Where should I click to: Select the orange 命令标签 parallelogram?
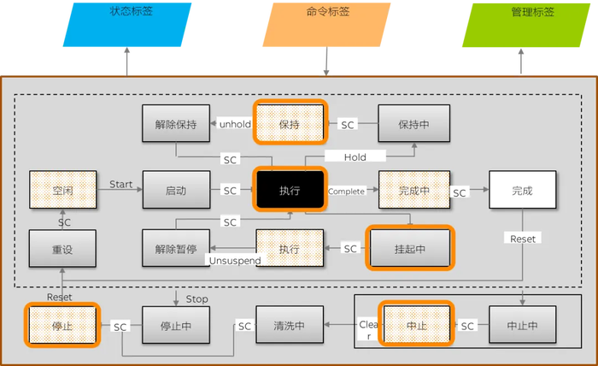325,24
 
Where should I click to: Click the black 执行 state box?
290,190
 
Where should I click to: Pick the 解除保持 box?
176,124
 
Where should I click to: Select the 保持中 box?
413,124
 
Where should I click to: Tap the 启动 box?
176,190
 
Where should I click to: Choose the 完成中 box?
413,190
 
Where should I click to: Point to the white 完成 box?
522,190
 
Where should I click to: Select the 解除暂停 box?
176,248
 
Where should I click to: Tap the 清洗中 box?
290,325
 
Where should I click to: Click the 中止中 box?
522,325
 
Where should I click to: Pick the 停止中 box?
176,325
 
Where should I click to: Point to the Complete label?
347,191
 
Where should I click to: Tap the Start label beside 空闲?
121,184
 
